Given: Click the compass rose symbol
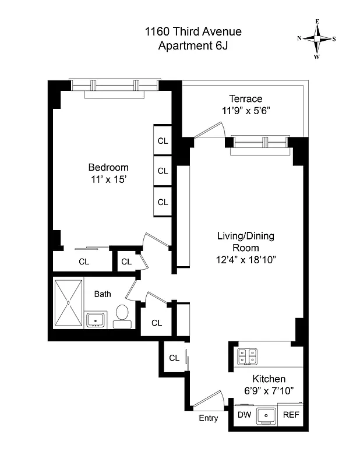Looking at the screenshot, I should click(317, 39).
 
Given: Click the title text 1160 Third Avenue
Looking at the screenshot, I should click(193, 32).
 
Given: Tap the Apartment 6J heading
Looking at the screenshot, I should click(193, 46).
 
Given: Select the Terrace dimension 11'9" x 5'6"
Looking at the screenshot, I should click(245, 110).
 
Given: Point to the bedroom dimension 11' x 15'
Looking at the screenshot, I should click(108, 180).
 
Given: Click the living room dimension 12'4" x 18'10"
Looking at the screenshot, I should click(245, 259).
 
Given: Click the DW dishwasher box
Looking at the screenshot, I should click(244, 415).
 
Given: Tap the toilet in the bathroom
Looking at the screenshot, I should click(122, 315).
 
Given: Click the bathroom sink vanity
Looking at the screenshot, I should click(95, 319).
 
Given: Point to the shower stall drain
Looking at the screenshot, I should click(68, 303).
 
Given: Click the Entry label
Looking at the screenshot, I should click(208, 418).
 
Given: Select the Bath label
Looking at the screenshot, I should click(103, 294).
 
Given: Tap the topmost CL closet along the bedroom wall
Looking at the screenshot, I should click(163, 141).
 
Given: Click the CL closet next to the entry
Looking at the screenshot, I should click(174, 358).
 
